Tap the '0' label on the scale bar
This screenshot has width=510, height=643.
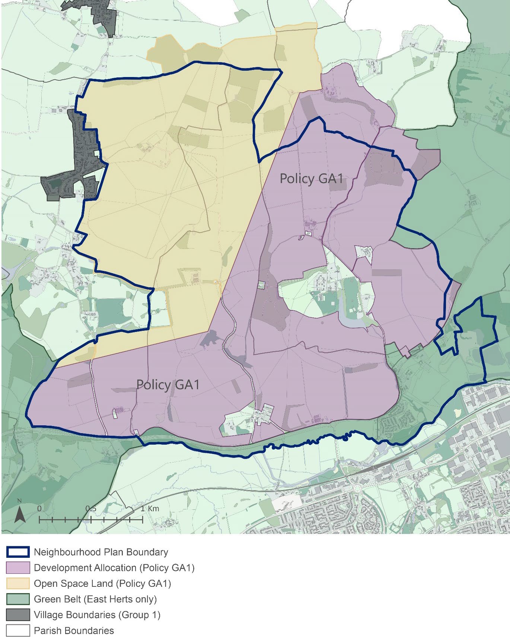39,509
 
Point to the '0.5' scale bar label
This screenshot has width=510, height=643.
91,509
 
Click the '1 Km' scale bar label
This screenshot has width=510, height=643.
150,509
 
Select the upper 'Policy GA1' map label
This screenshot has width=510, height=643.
311,179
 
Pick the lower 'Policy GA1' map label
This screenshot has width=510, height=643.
168,384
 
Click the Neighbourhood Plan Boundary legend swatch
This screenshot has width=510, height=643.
18,552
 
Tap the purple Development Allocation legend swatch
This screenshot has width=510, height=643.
18,568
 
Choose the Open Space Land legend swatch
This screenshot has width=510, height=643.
18,583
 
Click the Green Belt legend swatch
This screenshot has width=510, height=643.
18,599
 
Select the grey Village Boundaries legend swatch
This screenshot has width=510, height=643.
18,615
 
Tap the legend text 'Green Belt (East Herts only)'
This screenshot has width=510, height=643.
95,599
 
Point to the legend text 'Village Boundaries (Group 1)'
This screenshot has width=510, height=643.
97,615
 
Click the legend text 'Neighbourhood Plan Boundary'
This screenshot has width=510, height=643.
101,552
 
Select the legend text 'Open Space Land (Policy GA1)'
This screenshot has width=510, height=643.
102,583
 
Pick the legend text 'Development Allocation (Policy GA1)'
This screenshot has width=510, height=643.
114,568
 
